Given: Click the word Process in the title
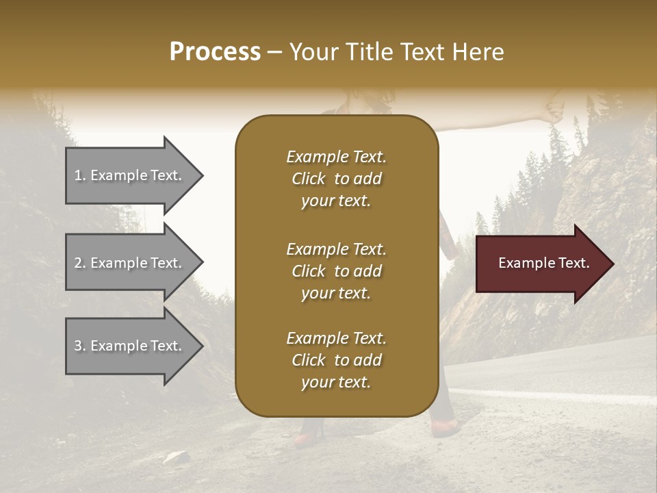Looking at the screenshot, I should [x=215, y=51].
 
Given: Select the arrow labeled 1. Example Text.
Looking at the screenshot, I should [x=130, y=175].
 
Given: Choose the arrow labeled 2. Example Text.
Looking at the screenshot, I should [x=130, y=263].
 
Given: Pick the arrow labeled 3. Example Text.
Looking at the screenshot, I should [x=130, y=346].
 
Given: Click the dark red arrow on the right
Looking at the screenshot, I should [x=541, y=264].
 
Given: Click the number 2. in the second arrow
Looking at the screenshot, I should [x=79, y=263].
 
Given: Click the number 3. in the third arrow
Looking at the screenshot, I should [x=79, y=346].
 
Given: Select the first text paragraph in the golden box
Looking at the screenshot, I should [x=336, y=179].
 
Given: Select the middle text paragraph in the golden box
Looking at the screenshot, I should [x=336, y=271].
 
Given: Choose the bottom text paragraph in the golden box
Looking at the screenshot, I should [x=336, y=360].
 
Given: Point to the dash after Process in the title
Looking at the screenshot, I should [x=275, y=53].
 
